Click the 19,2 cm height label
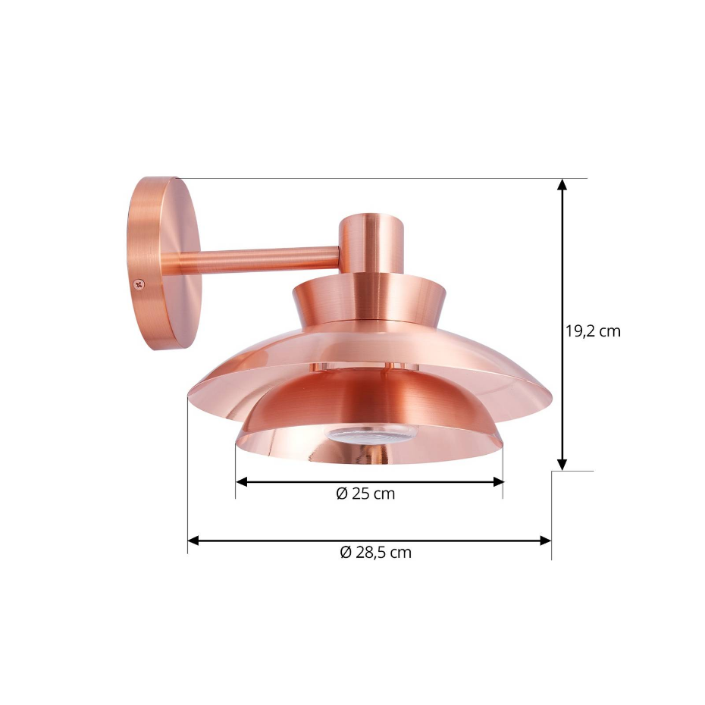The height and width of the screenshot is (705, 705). (x=593, y=331)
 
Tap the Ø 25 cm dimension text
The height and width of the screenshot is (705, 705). (x=365, y=493)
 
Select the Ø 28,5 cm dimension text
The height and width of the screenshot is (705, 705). (x=375, y=552)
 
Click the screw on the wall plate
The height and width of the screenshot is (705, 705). (x=139, y=284)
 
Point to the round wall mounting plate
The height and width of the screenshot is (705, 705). (x=164, y=264)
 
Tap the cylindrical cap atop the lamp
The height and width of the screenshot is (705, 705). (x=371, y=243)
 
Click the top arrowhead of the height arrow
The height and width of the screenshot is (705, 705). (x=562, y=184)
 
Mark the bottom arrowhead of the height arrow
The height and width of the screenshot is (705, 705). (x=562, y=465)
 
